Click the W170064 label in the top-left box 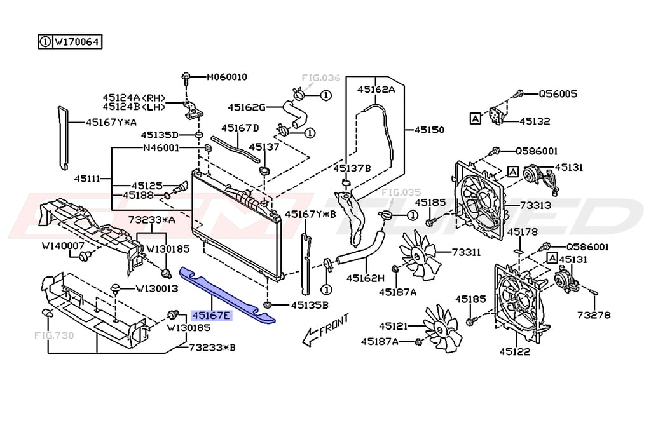coord(76,43)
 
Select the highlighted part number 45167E coord(212,314)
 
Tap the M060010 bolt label coord(227,78)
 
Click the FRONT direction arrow coord(325,332)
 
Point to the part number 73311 coord(467,252)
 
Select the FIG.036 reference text coord(321,78)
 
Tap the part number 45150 coord(429,129)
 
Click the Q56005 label coord(558,93)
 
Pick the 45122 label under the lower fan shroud coord(514,351)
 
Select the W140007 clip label coord(63,245)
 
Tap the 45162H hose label coord(366,278)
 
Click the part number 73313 coord(537,206)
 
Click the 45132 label coord(535,121)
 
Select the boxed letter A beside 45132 coord(475,118)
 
